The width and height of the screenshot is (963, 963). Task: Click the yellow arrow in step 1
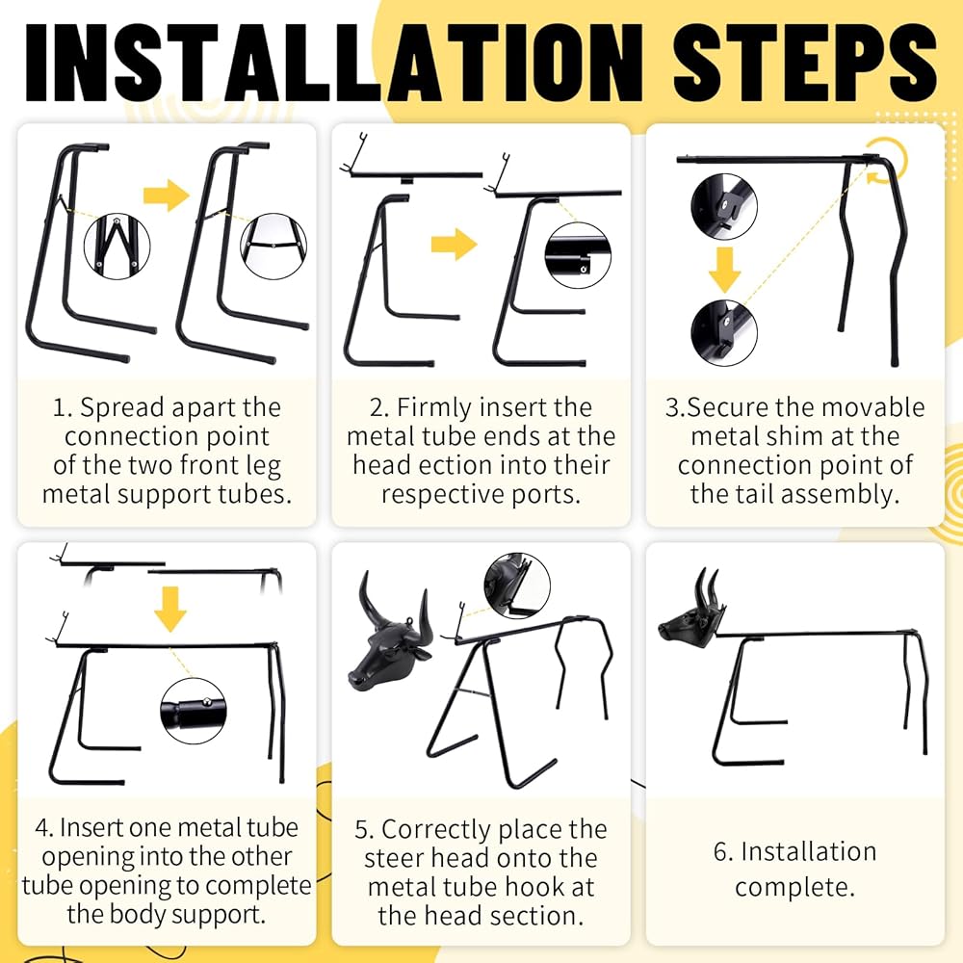[167, 195]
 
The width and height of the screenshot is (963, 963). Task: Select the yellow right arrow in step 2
[454, 244]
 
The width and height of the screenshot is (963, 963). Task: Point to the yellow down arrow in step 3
[725, 270]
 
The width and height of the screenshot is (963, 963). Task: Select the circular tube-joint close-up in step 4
[193, 712]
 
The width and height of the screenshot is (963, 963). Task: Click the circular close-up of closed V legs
[117, 247]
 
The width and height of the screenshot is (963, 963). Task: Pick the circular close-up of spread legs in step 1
[273, 247]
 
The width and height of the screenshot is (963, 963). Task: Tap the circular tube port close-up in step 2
[578, 255]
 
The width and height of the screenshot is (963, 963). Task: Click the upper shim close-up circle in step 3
[724, 206]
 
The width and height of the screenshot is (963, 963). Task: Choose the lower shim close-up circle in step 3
[724, 333]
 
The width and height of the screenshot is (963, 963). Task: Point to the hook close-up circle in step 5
[517, 586]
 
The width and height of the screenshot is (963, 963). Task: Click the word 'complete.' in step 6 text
[794, 888]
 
